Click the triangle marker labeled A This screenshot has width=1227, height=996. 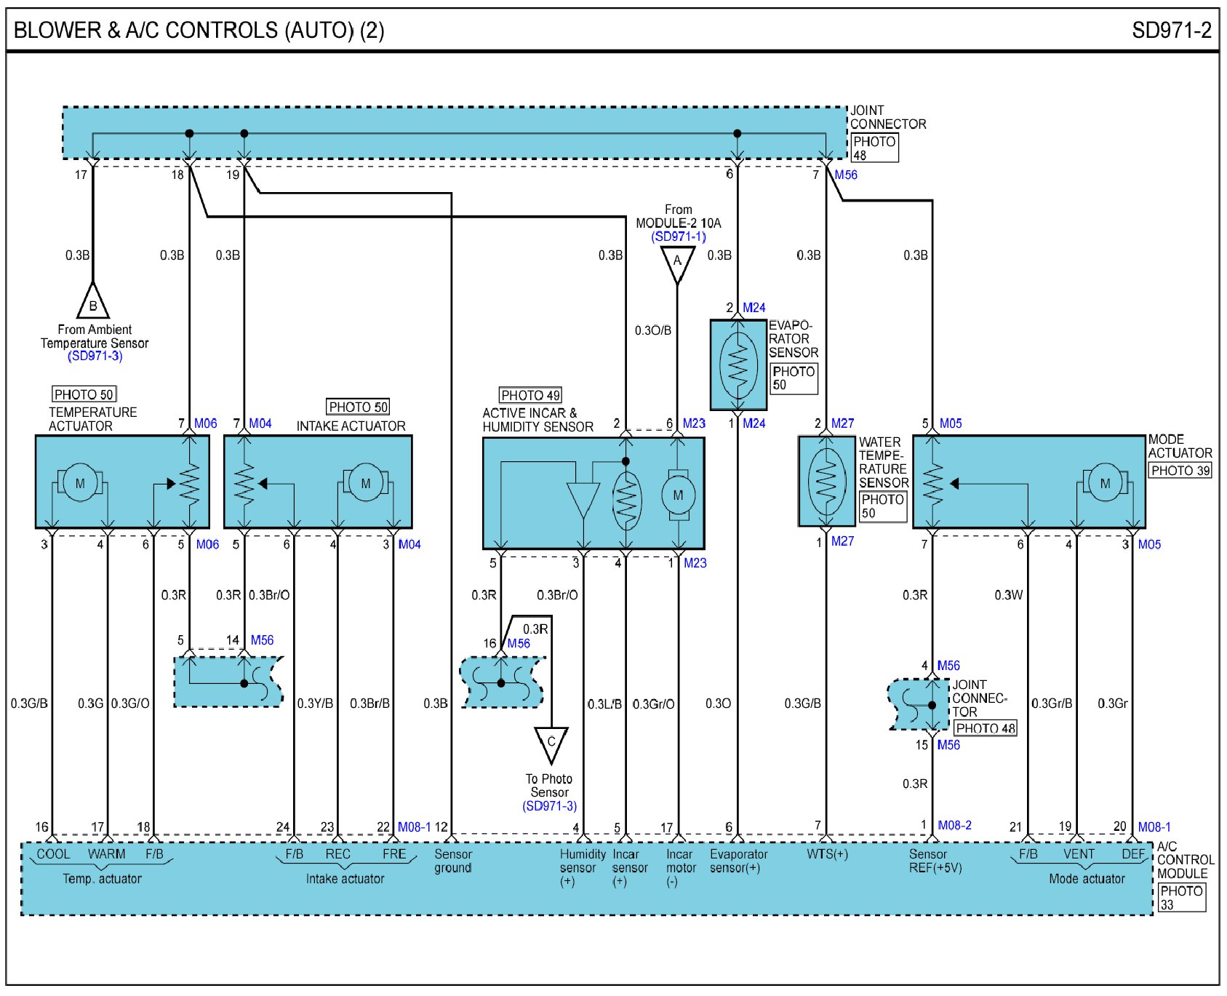tap(677, 264)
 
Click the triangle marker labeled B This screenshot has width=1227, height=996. tap(93, 300)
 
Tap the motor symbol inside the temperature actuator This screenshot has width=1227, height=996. tap(80, 483)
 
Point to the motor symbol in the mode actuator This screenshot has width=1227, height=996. tap(1105, 483)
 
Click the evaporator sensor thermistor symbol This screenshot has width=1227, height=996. tap(738, 364)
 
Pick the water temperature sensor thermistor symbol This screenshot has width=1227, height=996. tap(826, 481)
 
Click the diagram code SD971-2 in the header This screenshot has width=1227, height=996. tap(1172, 30)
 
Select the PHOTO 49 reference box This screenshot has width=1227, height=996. tap(531, 395)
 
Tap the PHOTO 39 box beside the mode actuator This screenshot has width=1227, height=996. tap(1180, 470)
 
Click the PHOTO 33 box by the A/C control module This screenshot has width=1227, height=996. tap(1181, 897)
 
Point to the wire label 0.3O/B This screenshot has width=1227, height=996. tap(653, 330)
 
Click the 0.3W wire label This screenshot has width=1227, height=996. tap(1009, 595)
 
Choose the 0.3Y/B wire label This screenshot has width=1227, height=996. tap(315, 704)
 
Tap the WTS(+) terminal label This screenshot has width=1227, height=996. tap(828, 854)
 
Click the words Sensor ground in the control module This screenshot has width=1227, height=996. tap(453, 861)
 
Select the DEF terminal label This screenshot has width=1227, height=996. tap(1133, 854)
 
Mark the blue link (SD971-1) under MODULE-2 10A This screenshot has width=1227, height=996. tap(679, 236)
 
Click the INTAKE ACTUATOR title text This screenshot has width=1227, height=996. tap(351, 426)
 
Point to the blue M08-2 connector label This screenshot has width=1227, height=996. tap(955, 825)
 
